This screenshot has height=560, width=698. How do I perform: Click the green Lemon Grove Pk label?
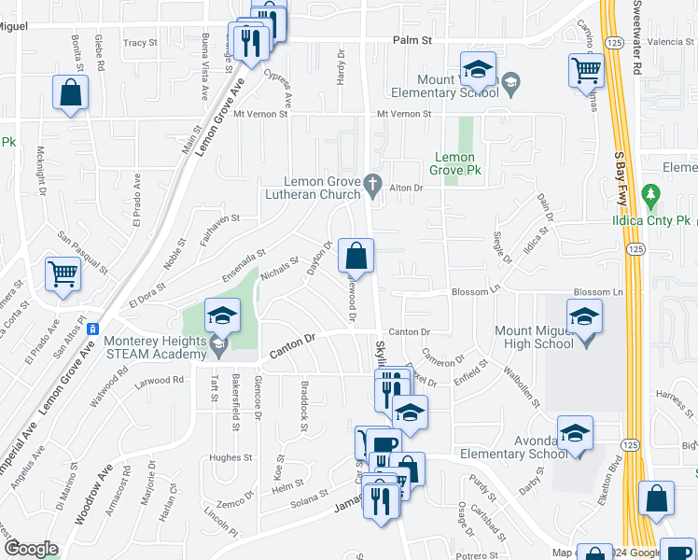[x=454, y=164]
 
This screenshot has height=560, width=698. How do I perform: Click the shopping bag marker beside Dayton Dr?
[x=356, y=255]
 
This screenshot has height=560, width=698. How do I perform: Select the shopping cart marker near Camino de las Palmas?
[x=586, y=68]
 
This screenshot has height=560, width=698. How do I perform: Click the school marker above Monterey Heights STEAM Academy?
[x=222, y=315]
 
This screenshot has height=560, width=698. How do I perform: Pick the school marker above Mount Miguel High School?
[x=584, y=315]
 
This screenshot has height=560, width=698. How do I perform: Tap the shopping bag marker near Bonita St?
[x=70, y=93]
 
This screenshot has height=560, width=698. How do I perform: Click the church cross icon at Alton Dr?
[x=373, y=182]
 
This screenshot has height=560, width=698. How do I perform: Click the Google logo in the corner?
[x=31, y=549]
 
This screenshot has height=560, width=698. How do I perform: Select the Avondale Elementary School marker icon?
[x=575, y=432]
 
